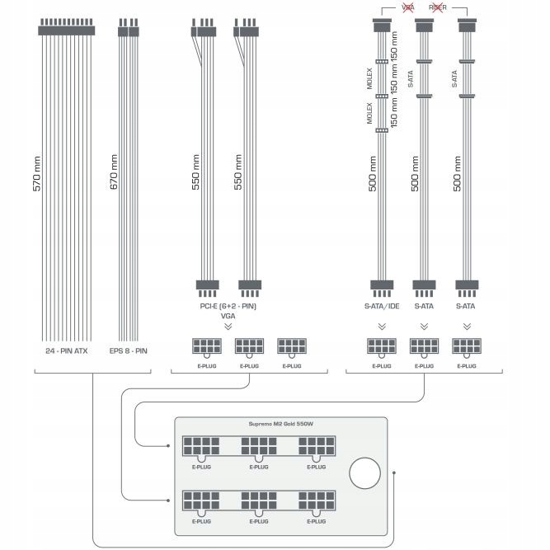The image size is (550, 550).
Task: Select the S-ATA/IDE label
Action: (383, 306)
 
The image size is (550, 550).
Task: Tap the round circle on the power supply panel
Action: (364, 473)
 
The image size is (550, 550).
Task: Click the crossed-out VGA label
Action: (407, 7)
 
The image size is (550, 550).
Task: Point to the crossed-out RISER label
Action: (437, 7)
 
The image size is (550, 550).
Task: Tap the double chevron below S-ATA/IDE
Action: (383, 326)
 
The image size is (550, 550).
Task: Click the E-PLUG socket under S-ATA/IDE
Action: (382, 347)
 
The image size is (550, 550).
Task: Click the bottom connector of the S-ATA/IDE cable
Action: (383, 287)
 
